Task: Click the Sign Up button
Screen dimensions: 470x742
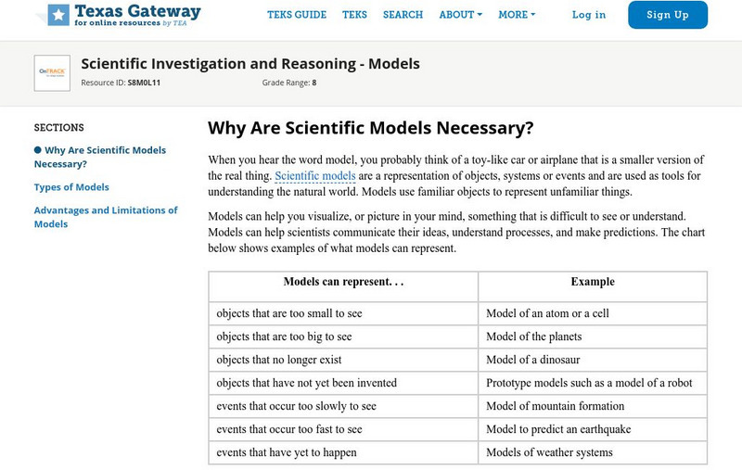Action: click(x=667, y=15)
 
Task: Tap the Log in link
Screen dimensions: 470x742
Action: click(x=589, y=15)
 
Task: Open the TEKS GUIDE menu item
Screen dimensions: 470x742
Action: click(x=297, y=15)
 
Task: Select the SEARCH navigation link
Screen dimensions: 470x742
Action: click(x=403, y=15)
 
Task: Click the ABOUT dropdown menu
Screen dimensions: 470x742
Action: click(x=460, y=15)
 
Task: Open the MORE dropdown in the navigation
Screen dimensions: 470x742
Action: click(x=517, y=15)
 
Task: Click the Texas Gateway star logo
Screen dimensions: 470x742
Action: click(x=58, y=14)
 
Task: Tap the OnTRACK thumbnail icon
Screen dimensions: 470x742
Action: click(x=52, y=72)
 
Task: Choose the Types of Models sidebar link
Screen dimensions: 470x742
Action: click(x=71, y=187)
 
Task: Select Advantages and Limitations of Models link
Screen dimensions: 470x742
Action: click(x=105, y=217)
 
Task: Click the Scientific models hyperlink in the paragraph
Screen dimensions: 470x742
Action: click(x=315, y=175)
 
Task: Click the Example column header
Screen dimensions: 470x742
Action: click(x=593, y=282)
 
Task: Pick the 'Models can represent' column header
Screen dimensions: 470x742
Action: click(x=343, y=282)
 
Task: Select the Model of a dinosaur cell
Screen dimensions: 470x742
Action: click(x=539, y=359)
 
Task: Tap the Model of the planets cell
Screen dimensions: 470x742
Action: click(x=536, y=337)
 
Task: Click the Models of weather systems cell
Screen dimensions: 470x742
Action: click(x=549, y=452)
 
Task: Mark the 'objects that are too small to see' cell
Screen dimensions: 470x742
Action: click(x=289, y=313)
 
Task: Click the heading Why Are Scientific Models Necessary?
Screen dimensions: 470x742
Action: click(x=370, y=128)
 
